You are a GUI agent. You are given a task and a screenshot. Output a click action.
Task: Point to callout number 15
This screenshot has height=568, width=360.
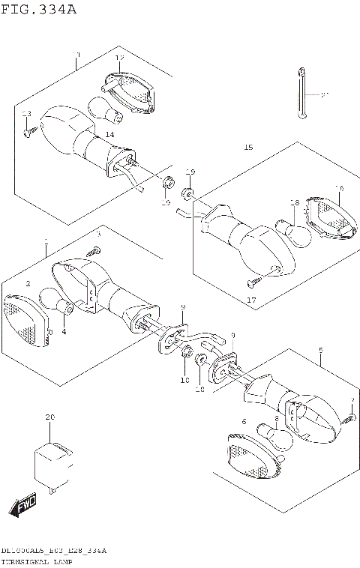248,148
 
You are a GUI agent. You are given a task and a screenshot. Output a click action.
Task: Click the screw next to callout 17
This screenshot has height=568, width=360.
253,283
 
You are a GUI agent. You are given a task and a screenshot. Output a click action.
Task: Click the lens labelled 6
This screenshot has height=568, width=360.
247,458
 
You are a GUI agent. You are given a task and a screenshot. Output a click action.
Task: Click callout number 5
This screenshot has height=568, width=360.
320,350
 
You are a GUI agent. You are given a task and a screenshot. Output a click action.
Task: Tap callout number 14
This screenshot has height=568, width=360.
110,134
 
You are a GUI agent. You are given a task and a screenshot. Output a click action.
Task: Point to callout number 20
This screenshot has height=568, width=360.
50,417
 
